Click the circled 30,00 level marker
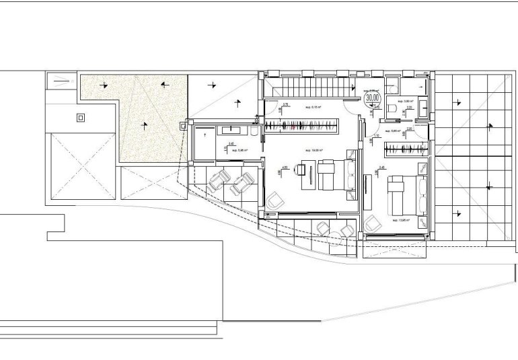[x=372, y=98]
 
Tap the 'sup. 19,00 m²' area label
[x=314, y=150]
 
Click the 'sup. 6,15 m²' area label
[x=313, y=107]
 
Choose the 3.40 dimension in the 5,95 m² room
[x=231, y=143]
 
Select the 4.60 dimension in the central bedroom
[x=285, y=167]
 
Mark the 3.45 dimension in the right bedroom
[x=381, y=167]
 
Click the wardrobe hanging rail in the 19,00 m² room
[x=300, y=124]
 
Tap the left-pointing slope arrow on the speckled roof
[x=165, y=85]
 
